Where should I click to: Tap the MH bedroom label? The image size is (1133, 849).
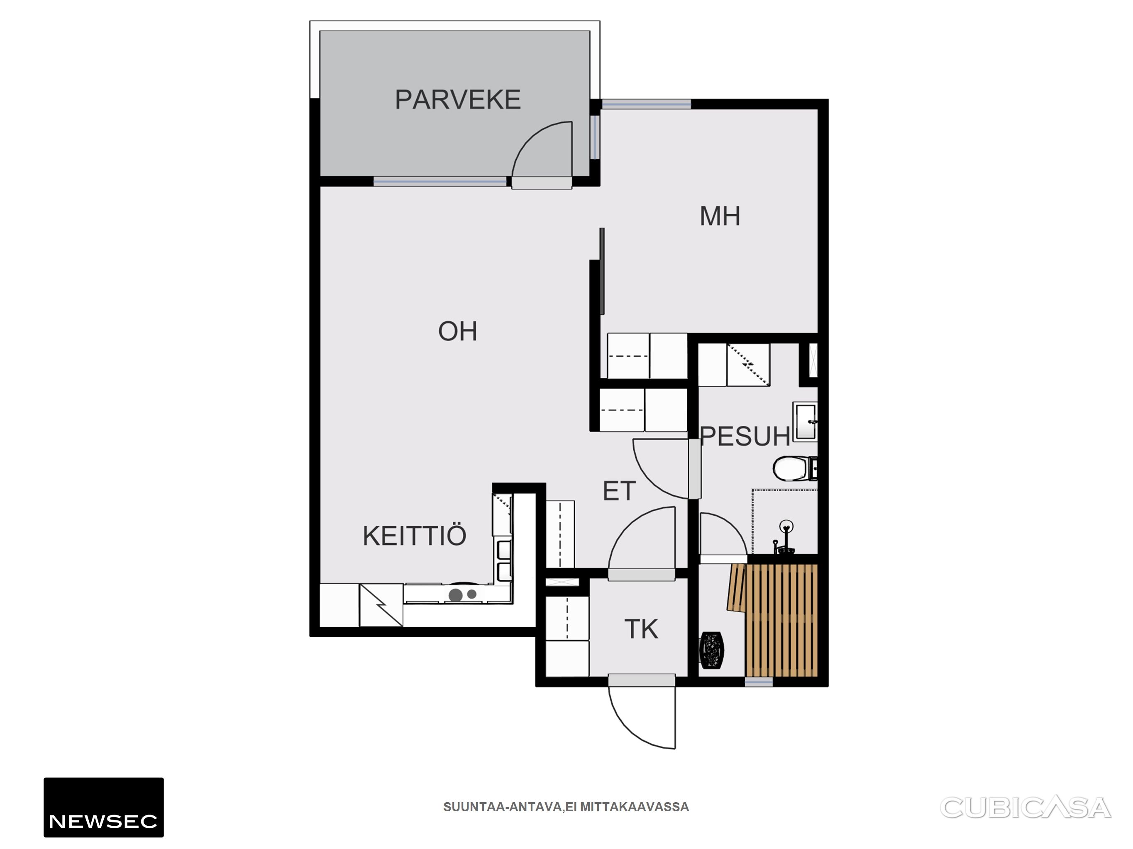click(x=720, y=216)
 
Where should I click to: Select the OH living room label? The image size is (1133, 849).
click(x=457, y=331)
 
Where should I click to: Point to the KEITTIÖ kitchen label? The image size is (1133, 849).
click(x=414, y=536)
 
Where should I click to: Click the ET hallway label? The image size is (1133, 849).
click(x=619, y=491)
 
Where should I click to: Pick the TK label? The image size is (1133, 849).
click(x=641, y=629)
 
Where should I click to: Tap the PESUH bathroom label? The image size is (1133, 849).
click(x=745, y=437)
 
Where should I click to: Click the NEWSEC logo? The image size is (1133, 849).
click(x=103, y=808)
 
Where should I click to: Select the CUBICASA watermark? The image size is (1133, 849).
click(x=1026, y=808)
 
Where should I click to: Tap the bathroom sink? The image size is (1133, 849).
click(x=805, y=422)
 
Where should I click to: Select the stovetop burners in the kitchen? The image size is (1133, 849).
click(x=462, y=594)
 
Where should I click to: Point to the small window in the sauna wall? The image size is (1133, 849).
click(x=759, y=682)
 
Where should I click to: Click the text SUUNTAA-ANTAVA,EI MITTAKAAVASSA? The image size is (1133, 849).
click(x=566, y=807)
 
